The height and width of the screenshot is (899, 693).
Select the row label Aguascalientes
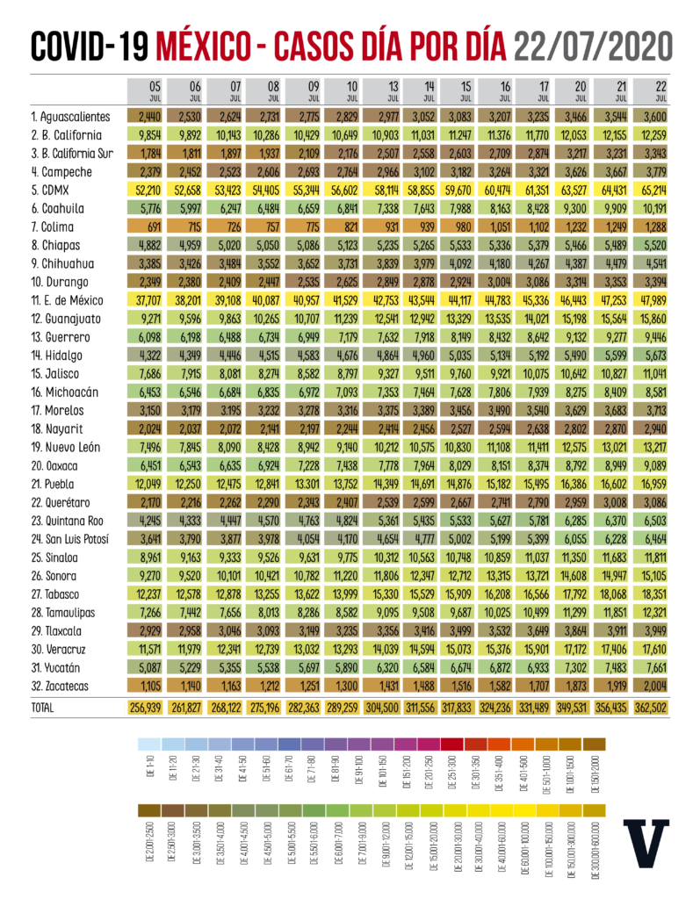(69, 116)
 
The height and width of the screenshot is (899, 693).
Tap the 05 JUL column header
(146, 91)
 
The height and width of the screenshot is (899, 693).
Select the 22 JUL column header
(650, 91)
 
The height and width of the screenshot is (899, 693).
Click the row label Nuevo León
(65, 447)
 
